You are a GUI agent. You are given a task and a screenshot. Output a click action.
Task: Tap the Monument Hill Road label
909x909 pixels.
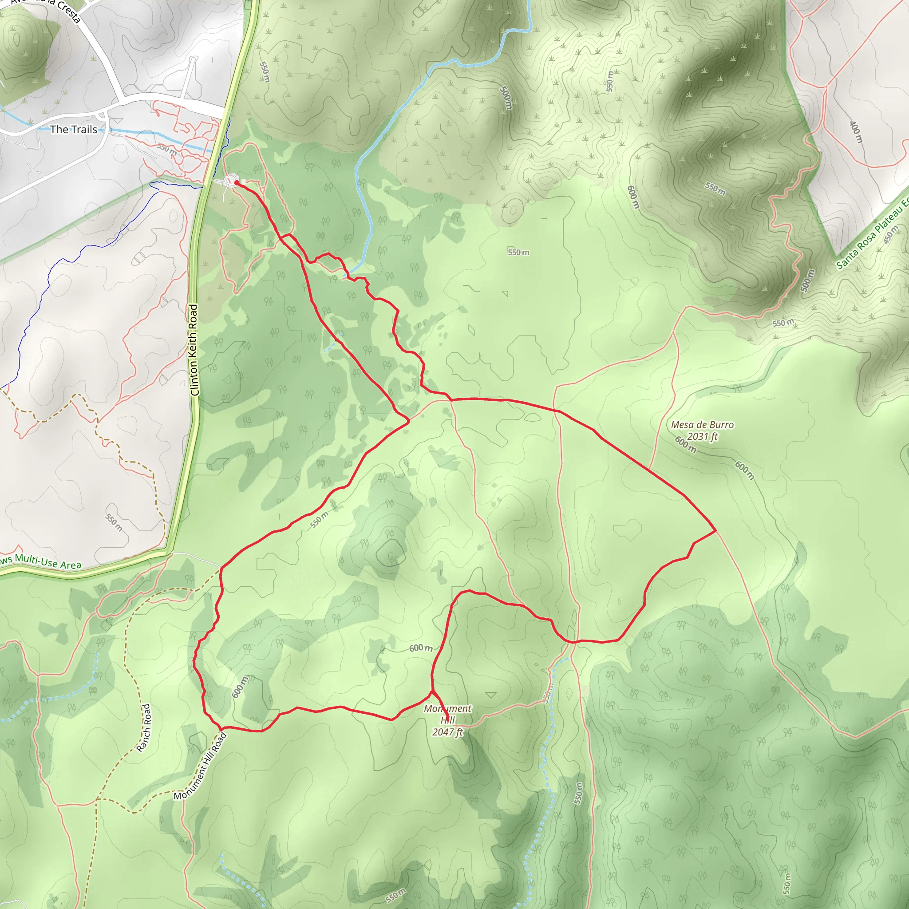[201, 766]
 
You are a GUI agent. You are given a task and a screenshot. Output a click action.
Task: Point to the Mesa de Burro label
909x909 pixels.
[702, 425]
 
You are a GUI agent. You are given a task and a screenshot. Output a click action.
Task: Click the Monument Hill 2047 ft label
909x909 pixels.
[447, 720]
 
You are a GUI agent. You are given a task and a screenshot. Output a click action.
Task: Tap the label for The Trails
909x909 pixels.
[73, 130]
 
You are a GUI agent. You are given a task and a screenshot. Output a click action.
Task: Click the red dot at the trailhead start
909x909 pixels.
[236, 182]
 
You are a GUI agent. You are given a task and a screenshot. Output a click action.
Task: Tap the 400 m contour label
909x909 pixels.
[856, 132]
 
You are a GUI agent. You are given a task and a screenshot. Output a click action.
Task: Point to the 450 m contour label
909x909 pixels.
[891, 234]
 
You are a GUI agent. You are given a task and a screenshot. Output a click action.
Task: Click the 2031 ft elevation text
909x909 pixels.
[703, 437]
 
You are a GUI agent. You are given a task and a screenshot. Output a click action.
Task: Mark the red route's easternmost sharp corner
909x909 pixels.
[715, 530]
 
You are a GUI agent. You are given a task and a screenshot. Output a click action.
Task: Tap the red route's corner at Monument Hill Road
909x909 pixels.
[221, 729]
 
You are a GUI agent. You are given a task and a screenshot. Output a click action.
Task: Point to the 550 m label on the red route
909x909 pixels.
[320, 519]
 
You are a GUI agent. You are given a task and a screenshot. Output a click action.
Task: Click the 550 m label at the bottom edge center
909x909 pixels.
[395, 895]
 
